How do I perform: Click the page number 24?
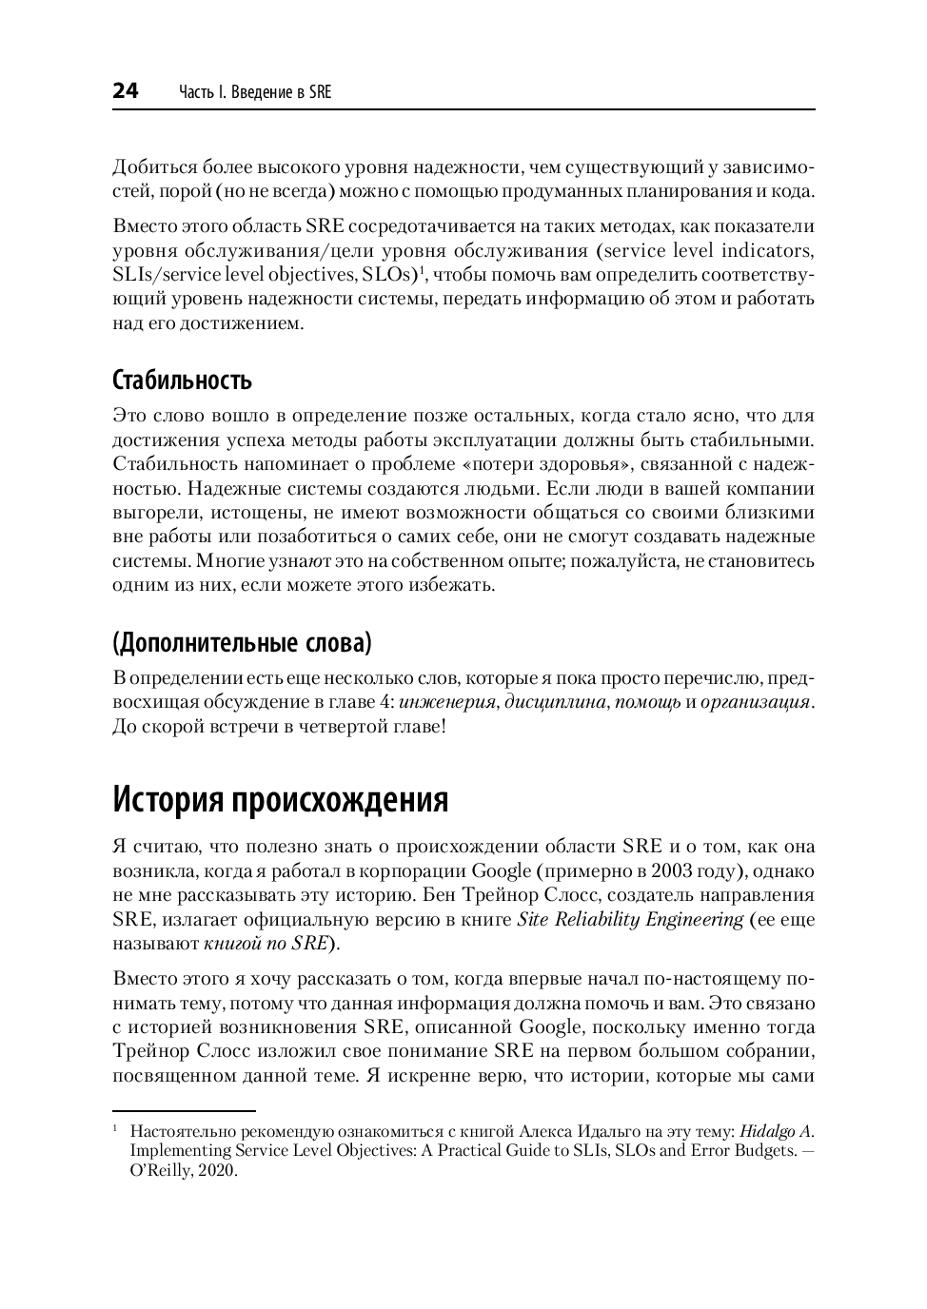click(x=126, y=91)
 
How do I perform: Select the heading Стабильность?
click(x=182, y=381)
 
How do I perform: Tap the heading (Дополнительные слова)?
click(x=242, y=643)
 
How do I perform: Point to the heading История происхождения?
click(x=280, y=799)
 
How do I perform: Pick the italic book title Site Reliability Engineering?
click(x=630, y=919)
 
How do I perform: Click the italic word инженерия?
click(x=447, y=702)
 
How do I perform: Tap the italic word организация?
click(x=756, y=702)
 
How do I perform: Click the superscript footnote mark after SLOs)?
click(x=424, y=270)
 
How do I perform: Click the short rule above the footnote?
click(x=185, y=1110)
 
